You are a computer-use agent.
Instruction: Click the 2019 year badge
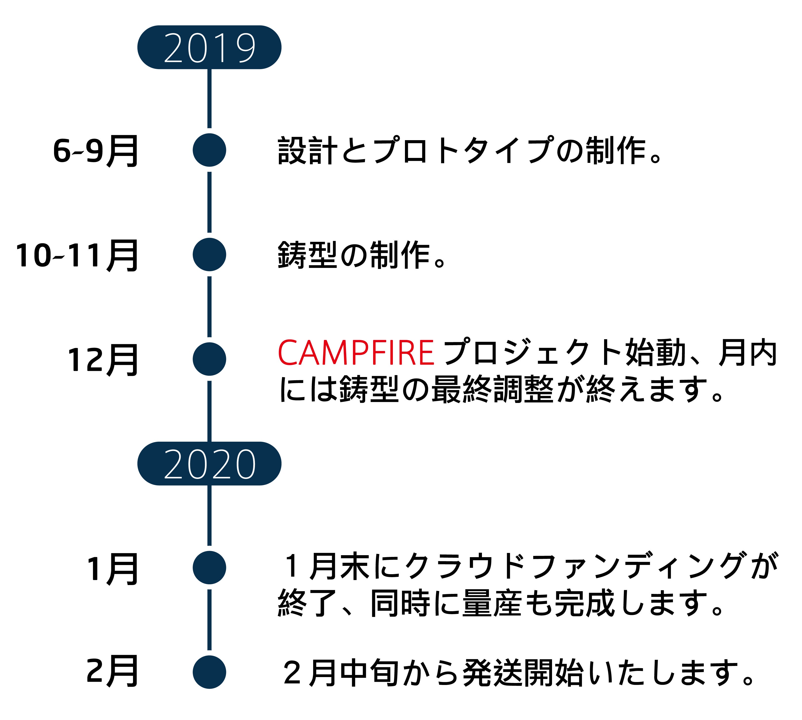coord(209,47)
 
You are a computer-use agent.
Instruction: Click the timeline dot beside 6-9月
coord(209,150)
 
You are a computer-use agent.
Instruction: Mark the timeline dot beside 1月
coord(209,568)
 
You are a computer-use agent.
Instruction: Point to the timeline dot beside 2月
coord(209,672)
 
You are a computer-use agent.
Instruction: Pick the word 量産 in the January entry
coord(492,603)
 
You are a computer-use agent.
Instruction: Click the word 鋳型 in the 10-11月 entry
coord(307,255)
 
